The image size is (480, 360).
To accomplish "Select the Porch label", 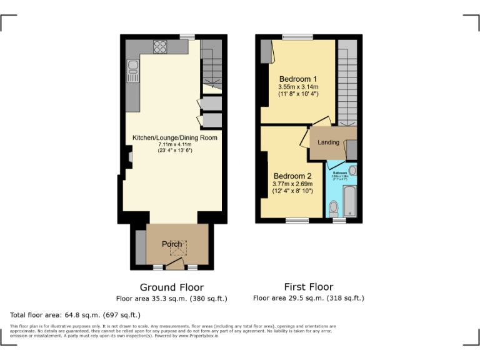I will [172, 244].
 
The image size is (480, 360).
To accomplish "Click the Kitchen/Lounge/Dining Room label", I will [175, 137].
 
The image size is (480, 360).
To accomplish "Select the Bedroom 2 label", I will [292, 176].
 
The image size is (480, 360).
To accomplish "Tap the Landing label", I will [328, 142].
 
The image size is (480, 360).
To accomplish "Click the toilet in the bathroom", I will [334, 207].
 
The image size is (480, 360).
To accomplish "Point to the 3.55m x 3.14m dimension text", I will [298, 87].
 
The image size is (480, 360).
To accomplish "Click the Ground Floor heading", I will [171, 287].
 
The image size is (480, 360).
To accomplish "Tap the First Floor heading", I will [308, 287].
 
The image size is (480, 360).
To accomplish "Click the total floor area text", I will [76, 315].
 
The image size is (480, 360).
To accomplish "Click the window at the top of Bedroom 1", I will [297, 37].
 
